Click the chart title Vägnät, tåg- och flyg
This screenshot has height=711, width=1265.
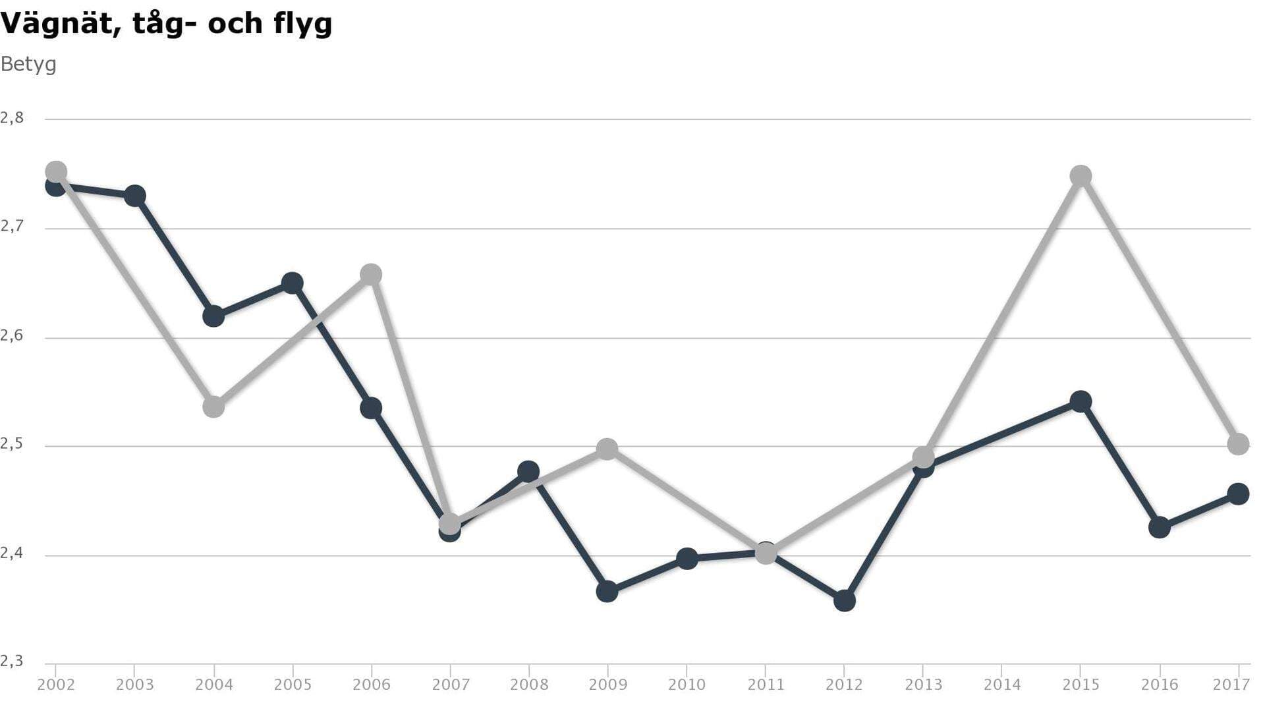coord(166,24)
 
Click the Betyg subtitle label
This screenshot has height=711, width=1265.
coord(28,65)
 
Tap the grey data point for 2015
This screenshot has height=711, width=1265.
coord(1081,176)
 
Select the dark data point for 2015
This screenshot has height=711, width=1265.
coord(1081,401)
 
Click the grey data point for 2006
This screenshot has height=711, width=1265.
coord(371,275)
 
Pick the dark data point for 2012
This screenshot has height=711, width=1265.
coord(844,600)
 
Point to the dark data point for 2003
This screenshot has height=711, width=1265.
coord(134,196)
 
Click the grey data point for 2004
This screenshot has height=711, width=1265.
coord(213,407)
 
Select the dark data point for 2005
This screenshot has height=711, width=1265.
coord(293,283)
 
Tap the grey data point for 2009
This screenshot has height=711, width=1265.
coord(607,449)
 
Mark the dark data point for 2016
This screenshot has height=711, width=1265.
coord(1159,527)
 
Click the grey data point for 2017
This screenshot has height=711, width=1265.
coord(1238,444)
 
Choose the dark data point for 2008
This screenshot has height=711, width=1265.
coord(528,472)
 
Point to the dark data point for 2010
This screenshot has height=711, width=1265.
coord(687,559)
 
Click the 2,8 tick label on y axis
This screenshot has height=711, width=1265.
coord(12,118)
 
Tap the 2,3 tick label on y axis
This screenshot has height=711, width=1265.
coord(12,661)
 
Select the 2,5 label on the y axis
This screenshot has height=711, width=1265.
coord(12,444)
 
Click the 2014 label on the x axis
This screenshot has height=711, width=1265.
coord(1001,685)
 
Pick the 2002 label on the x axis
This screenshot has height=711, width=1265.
coord(56,685)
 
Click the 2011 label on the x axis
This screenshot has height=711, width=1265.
coord(766,685)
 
